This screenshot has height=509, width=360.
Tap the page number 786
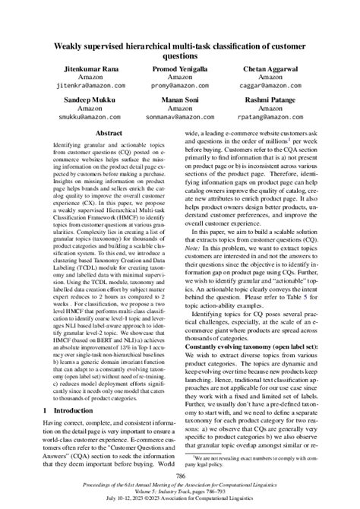pyautogui.click(x=180, y=476)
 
